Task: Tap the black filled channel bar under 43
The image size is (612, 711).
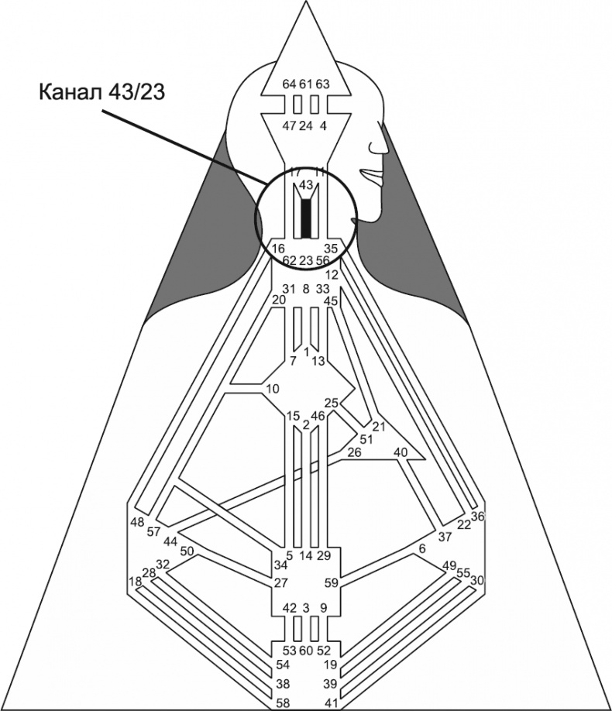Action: pyautogui.click(x=307, y=218)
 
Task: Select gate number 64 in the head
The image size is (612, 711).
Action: pyautogui.click(x=289, y=84)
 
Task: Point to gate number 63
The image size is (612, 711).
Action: pyautogui.click(x=322, y=84)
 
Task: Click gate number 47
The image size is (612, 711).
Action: pyautogui.click(x=289, y=125)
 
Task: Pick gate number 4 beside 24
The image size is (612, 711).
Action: pyautogui.click(x=323, y=125)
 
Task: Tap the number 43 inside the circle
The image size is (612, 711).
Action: pyautogui.click(x=306, y=185)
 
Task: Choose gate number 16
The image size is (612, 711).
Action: pyautogui.click(x=278, y=249)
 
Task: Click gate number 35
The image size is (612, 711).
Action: pyautogui.click(x=331, y=249)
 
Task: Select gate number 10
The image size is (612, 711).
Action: pyautogui.click(x=272, y=388)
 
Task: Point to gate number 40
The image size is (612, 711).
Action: pyautogui.click(x=401, y=452)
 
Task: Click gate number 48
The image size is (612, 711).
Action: pyautogui.click(x=138, y=521)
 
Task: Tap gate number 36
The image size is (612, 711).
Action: pyautogui.click(x=478, y=517)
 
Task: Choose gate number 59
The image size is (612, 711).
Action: pyautogui.click(x=331, y=582)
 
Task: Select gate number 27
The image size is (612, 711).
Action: pyautogui.click(x=280, y=583)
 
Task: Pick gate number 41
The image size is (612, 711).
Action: pyautogui.click(x=331, y=703)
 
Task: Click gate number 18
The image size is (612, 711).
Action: pyautogui.click(x=136, y=581)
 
